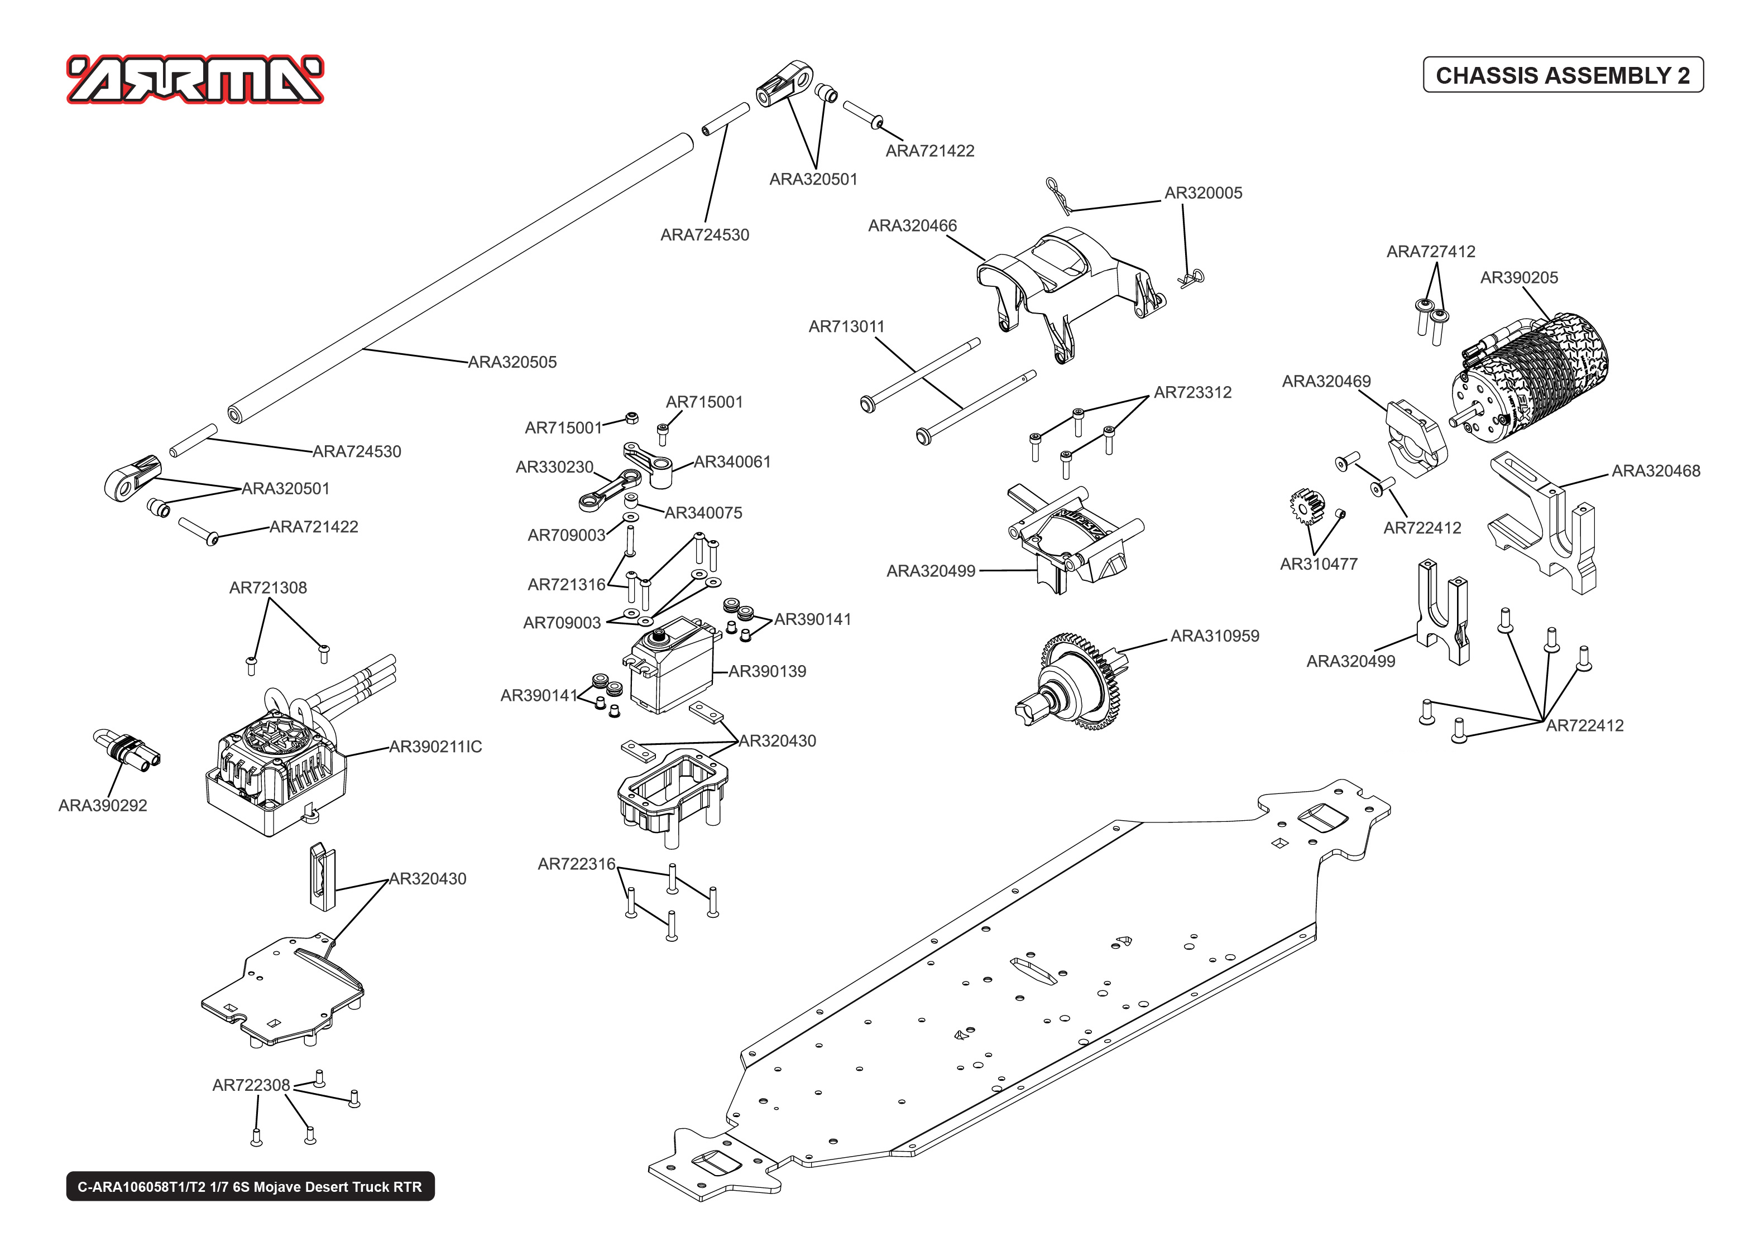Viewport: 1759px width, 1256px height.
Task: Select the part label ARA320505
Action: [512, 362]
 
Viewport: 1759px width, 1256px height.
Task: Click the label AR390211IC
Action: [435, 747]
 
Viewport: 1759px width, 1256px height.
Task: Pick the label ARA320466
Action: [912, 226]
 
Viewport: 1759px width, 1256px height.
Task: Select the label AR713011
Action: [846, 326]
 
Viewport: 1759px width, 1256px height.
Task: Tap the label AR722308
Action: [251, 1085]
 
